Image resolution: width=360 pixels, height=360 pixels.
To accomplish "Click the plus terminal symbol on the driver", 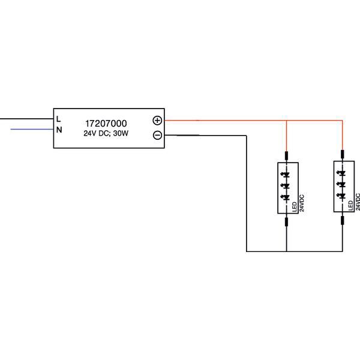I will [157, 120].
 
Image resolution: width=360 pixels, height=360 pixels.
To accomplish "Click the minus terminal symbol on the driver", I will [157, 135].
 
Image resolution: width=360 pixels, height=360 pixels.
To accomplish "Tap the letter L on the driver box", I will [59, 118].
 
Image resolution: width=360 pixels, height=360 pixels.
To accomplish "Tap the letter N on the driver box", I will [59, 129].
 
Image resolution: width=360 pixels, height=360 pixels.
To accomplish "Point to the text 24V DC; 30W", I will [106, 134].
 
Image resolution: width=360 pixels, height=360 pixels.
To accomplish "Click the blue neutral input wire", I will [30, 129].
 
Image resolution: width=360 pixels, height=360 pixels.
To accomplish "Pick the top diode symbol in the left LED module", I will [286, 174].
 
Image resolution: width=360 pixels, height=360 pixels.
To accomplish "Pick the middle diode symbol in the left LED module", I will [286, 185].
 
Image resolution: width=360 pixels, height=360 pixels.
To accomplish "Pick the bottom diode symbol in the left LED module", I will [286, 197].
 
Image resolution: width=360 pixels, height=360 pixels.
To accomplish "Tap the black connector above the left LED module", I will [286, 155].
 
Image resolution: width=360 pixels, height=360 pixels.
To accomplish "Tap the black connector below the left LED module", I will [286, 222].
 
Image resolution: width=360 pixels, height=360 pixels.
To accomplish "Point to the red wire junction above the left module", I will [286, 121].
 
